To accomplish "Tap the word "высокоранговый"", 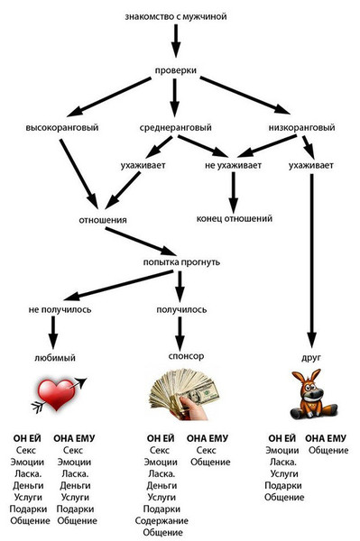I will click(x=63, y=127).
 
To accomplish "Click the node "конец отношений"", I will click(x=234, y=218).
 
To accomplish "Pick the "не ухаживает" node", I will click(x=234, y=166).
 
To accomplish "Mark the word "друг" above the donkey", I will click(x=312, y=356).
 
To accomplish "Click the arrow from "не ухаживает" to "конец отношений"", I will click(x=234, y=192).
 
